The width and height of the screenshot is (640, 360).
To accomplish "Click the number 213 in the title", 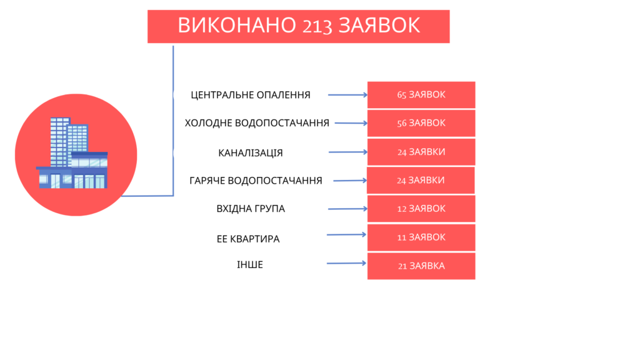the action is coord(317,26).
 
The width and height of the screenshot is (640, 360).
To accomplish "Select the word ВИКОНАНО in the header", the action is coord(237,25).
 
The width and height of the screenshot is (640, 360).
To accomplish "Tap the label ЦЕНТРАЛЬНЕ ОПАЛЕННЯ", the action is coord(251,95).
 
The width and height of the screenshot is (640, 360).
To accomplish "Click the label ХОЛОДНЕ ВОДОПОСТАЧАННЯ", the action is coord(257,123).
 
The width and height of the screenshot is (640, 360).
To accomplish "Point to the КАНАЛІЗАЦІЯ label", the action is coord(250,153).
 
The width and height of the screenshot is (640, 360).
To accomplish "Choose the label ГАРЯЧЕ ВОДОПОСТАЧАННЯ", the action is coord(256,181).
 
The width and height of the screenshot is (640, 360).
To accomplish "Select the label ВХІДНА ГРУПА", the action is coord(251,209).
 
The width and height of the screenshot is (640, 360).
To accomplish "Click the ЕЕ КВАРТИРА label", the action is coord(248,239).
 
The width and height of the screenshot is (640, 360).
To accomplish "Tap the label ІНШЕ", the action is coord(250,265).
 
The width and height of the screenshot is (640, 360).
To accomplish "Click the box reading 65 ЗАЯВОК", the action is coord(421,95).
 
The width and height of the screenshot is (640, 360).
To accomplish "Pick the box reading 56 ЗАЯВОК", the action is coord(421,123).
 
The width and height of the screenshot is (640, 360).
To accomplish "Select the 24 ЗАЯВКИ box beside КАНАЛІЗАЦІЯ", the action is coord(421,152).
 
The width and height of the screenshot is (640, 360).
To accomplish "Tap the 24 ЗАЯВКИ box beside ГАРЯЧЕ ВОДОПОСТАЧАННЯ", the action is coord(421,181).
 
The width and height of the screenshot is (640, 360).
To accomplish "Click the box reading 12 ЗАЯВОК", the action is coord(421,209).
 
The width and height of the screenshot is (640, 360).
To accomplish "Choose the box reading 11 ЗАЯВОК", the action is coord(421,237).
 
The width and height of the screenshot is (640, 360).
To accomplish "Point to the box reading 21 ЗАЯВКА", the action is coord(421,266).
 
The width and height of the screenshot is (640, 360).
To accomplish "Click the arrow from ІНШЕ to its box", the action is coord(346,263).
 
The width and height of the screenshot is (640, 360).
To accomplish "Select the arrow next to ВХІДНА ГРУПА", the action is coord(347,209).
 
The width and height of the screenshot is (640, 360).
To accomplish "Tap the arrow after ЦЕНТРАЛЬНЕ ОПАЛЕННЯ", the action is coord(347,95).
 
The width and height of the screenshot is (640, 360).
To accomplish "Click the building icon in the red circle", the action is coord(72,153).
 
